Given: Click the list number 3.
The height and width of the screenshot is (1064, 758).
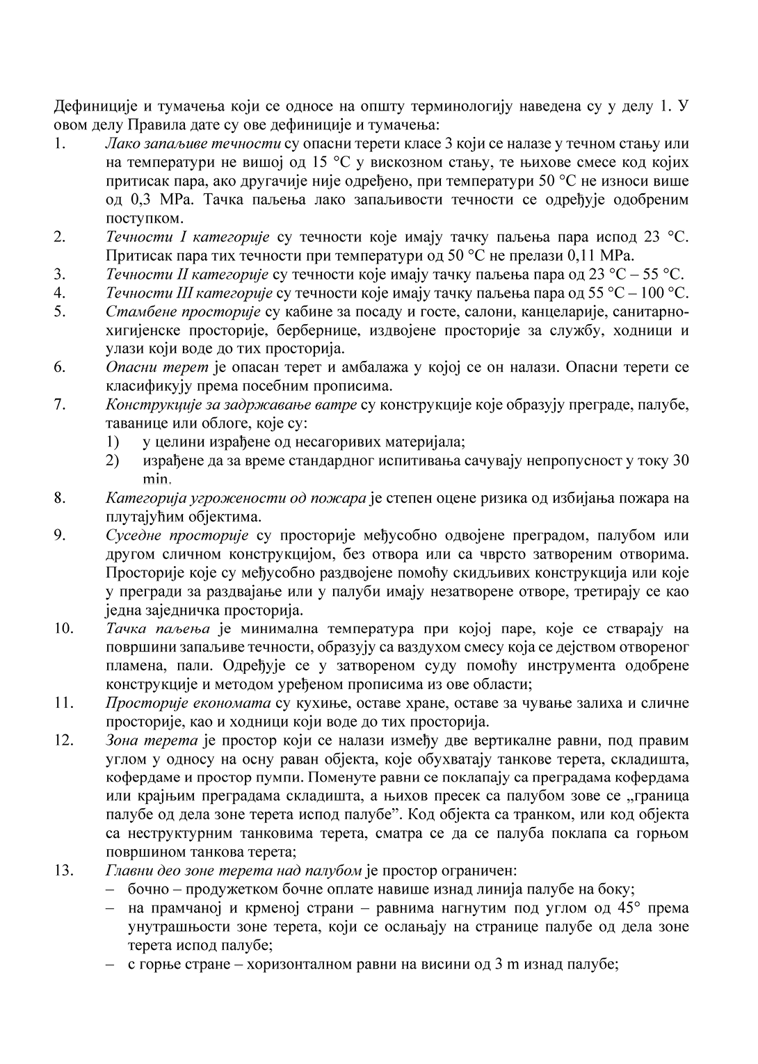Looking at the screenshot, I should (59, 273).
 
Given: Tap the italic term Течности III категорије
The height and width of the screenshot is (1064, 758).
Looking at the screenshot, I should (189, 292).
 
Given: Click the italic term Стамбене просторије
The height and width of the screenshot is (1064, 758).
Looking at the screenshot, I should (183, 311).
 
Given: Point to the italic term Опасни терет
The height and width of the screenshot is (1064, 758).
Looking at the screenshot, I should (147, 366).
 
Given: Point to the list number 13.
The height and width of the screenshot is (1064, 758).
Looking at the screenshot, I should (63, 870).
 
